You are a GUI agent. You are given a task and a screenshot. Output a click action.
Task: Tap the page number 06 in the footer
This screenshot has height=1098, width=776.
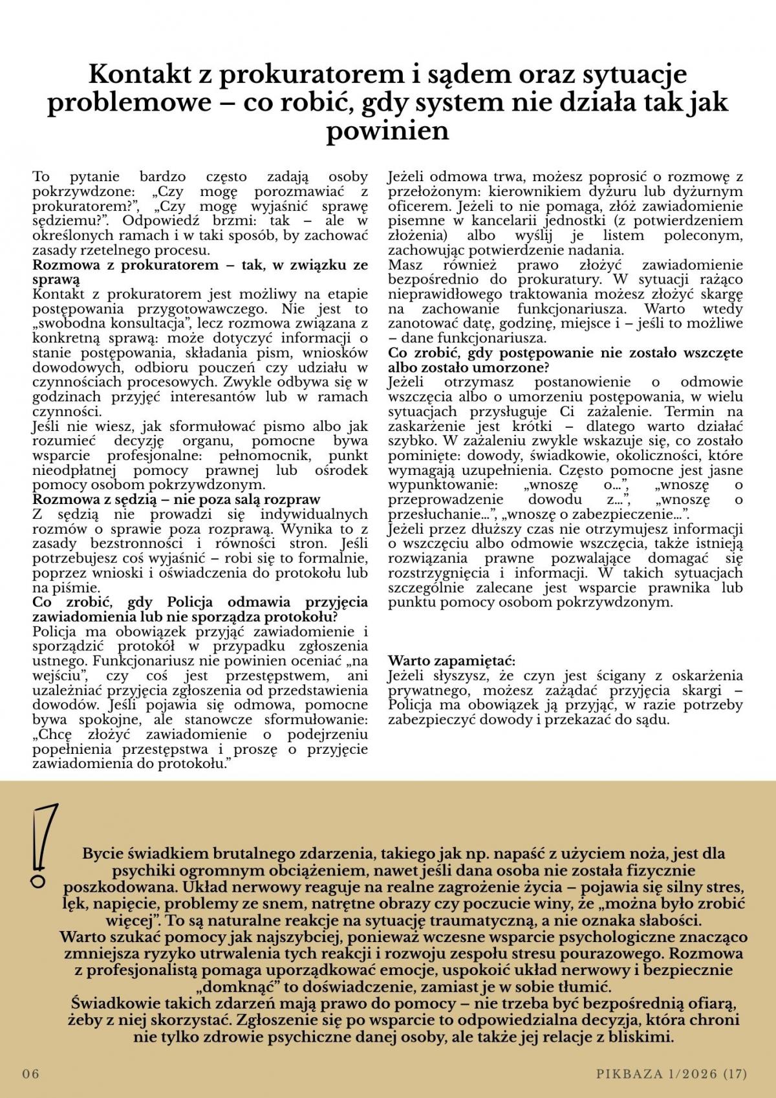click(x=31, y=1073)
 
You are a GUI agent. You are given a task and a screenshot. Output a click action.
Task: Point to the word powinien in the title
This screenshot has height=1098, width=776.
click(x=387, y=130)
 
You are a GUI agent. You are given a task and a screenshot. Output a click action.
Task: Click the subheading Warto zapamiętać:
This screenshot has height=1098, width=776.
click(x=452, y=661)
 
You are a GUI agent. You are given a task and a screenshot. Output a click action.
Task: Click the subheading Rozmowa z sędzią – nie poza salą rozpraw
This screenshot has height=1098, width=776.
click(x=177, y=500)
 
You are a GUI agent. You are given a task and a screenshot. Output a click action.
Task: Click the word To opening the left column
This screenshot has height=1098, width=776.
click(x=41, y=177)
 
